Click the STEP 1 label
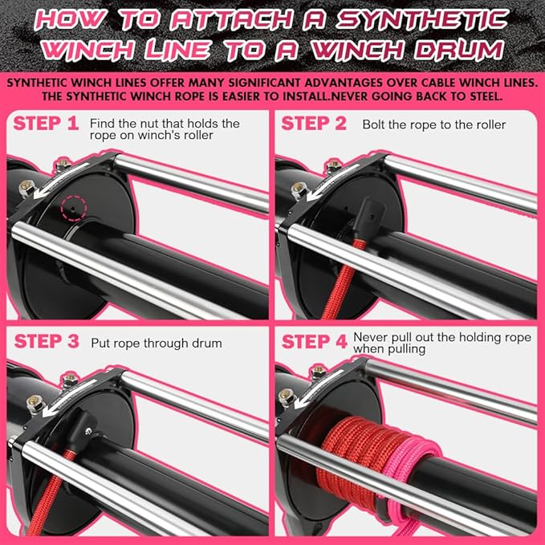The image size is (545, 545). click(x=46, y=124)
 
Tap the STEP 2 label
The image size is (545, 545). click(x=314, y=124)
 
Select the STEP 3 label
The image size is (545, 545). click(x=46, y=341)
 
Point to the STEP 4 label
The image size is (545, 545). click(x=314, y=341)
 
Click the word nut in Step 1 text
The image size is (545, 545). click(x=146, y=124)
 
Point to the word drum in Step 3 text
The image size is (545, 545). click(x=204, y=344)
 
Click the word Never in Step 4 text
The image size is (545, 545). click(x=371, y=338)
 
